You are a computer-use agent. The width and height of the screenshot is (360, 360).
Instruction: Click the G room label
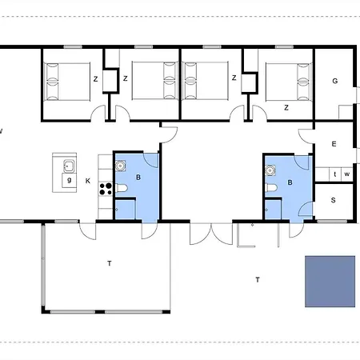pyautogui.click(x=334, y=81)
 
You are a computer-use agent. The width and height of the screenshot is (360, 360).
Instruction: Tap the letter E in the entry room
pyautogui.click(x=334, y=144)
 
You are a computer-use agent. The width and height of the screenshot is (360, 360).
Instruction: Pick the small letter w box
pyautogui.click(x=347, y=174)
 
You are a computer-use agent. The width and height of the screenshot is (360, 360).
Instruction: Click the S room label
pyautogui.click(x=334, y=199)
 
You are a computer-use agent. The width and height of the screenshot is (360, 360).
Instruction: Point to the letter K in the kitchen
pyautogui.click(x=88, y=181)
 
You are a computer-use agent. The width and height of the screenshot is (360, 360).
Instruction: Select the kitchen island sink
pyautogui.click(x=70, y=166)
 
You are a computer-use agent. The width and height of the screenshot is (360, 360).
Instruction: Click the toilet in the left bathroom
pyautogui.click(x=121, y=188)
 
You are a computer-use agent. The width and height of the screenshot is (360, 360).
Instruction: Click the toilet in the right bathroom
pyautogui.click(x=272, y=188)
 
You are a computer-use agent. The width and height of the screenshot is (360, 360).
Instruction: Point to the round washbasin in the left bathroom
pyautogui.click(x=121, y=166)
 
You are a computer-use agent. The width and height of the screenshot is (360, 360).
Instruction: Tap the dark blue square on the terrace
pyautogui.click(x=330, y=280)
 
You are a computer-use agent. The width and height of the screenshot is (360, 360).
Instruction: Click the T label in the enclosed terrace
pyautogui.click(x=109, y=262)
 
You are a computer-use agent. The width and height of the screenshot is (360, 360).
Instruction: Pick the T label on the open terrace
pyautogui.click(x=257, y=279)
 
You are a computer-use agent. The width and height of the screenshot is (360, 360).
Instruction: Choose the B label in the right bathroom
pyautogui.click(x=290, y=182)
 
